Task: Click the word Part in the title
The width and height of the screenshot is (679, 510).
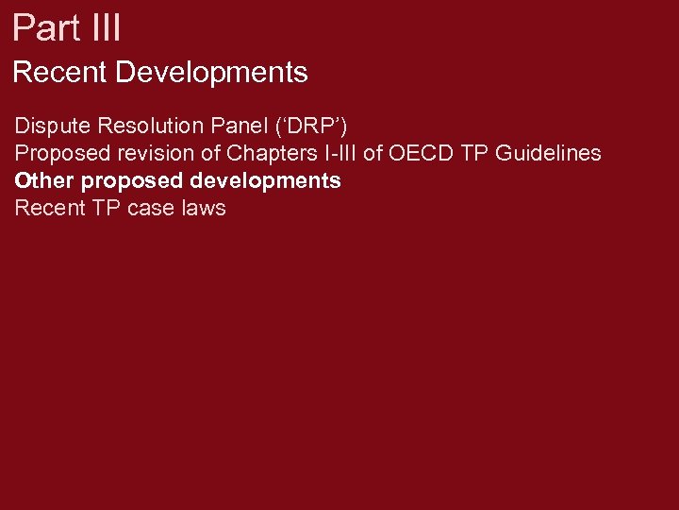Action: pos(43,27)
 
